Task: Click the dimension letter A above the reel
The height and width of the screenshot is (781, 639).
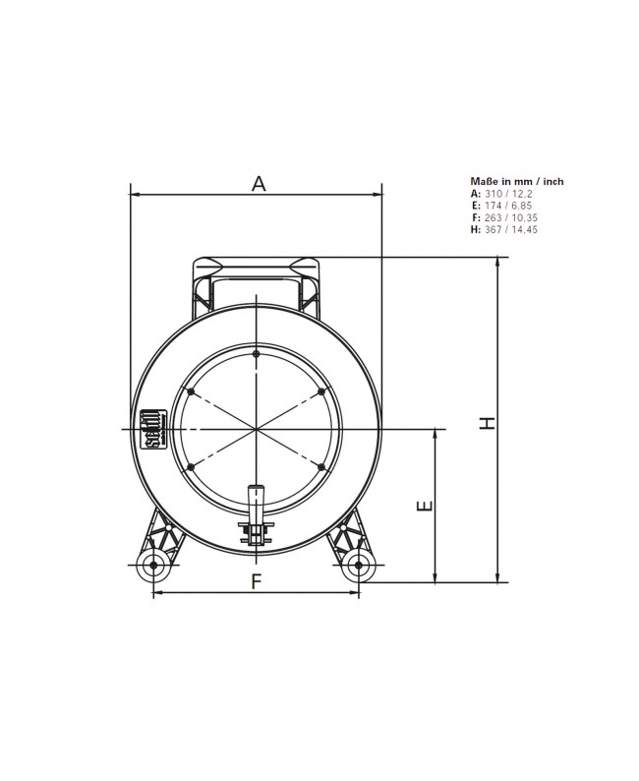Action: click(x=259, y=182)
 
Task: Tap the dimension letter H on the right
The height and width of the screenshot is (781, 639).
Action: click(x=485, y=421)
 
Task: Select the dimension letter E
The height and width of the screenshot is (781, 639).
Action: click(x=423, y=507)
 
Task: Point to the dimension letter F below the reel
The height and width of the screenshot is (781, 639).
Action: click(x=256, y=580)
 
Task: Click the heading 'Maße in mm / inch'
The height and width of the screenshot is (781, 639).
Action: click(x=517, y=181)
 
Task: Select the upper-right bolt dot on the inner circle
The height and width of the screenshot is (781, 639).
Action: click(x=322, y=391)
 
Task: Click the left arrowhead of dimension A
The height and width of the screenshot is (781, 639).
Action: click(x=135, y=196)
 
